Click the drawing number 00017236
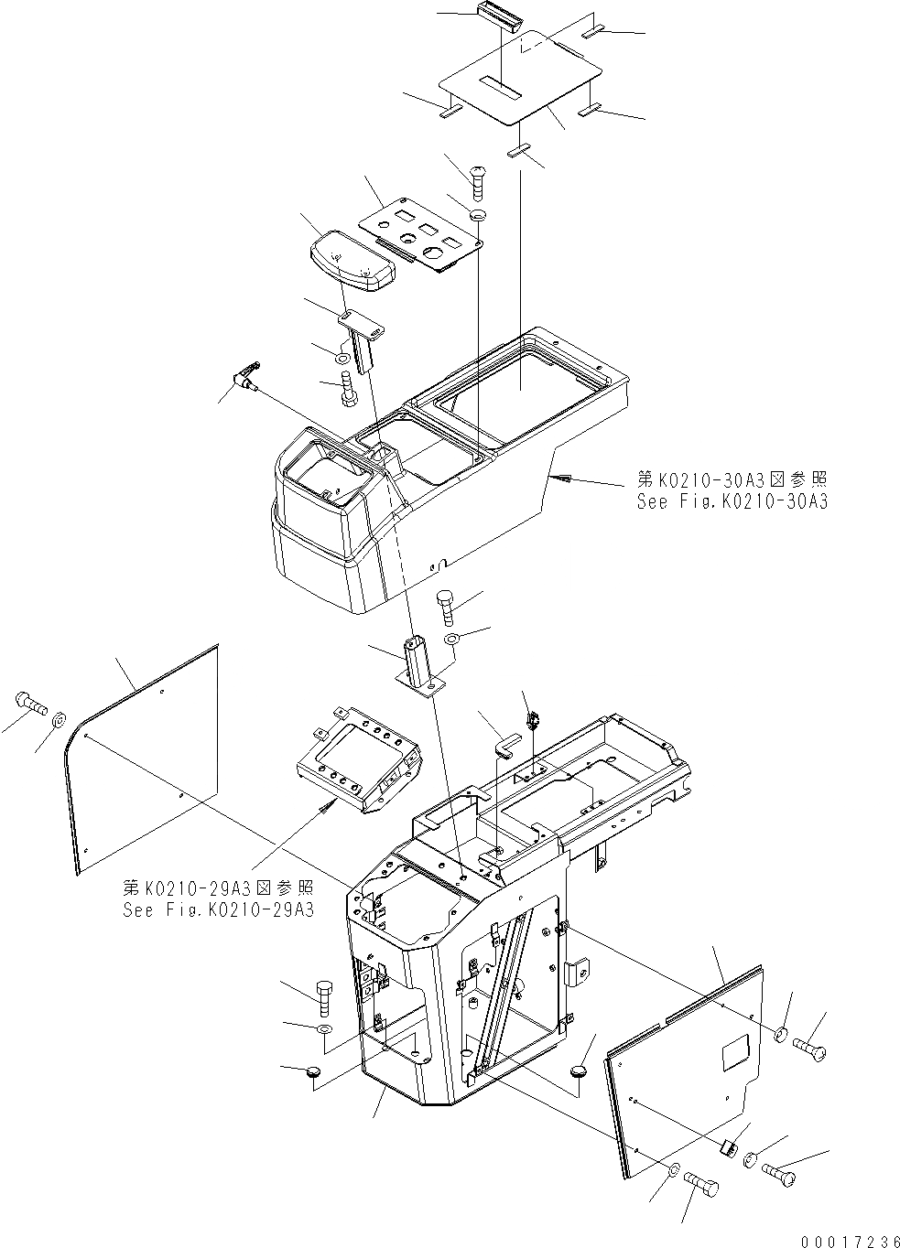click(847, 1241)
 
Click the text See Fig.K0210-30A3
click(732, 500)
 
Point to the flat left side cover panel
click(145, 759)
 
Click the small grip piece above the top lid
click(501, 17)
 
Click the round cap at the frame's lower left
click(313, 1071)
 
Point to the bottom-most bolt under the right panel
click(701, 1188)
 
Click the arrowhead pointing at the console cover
click(560, 478)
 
